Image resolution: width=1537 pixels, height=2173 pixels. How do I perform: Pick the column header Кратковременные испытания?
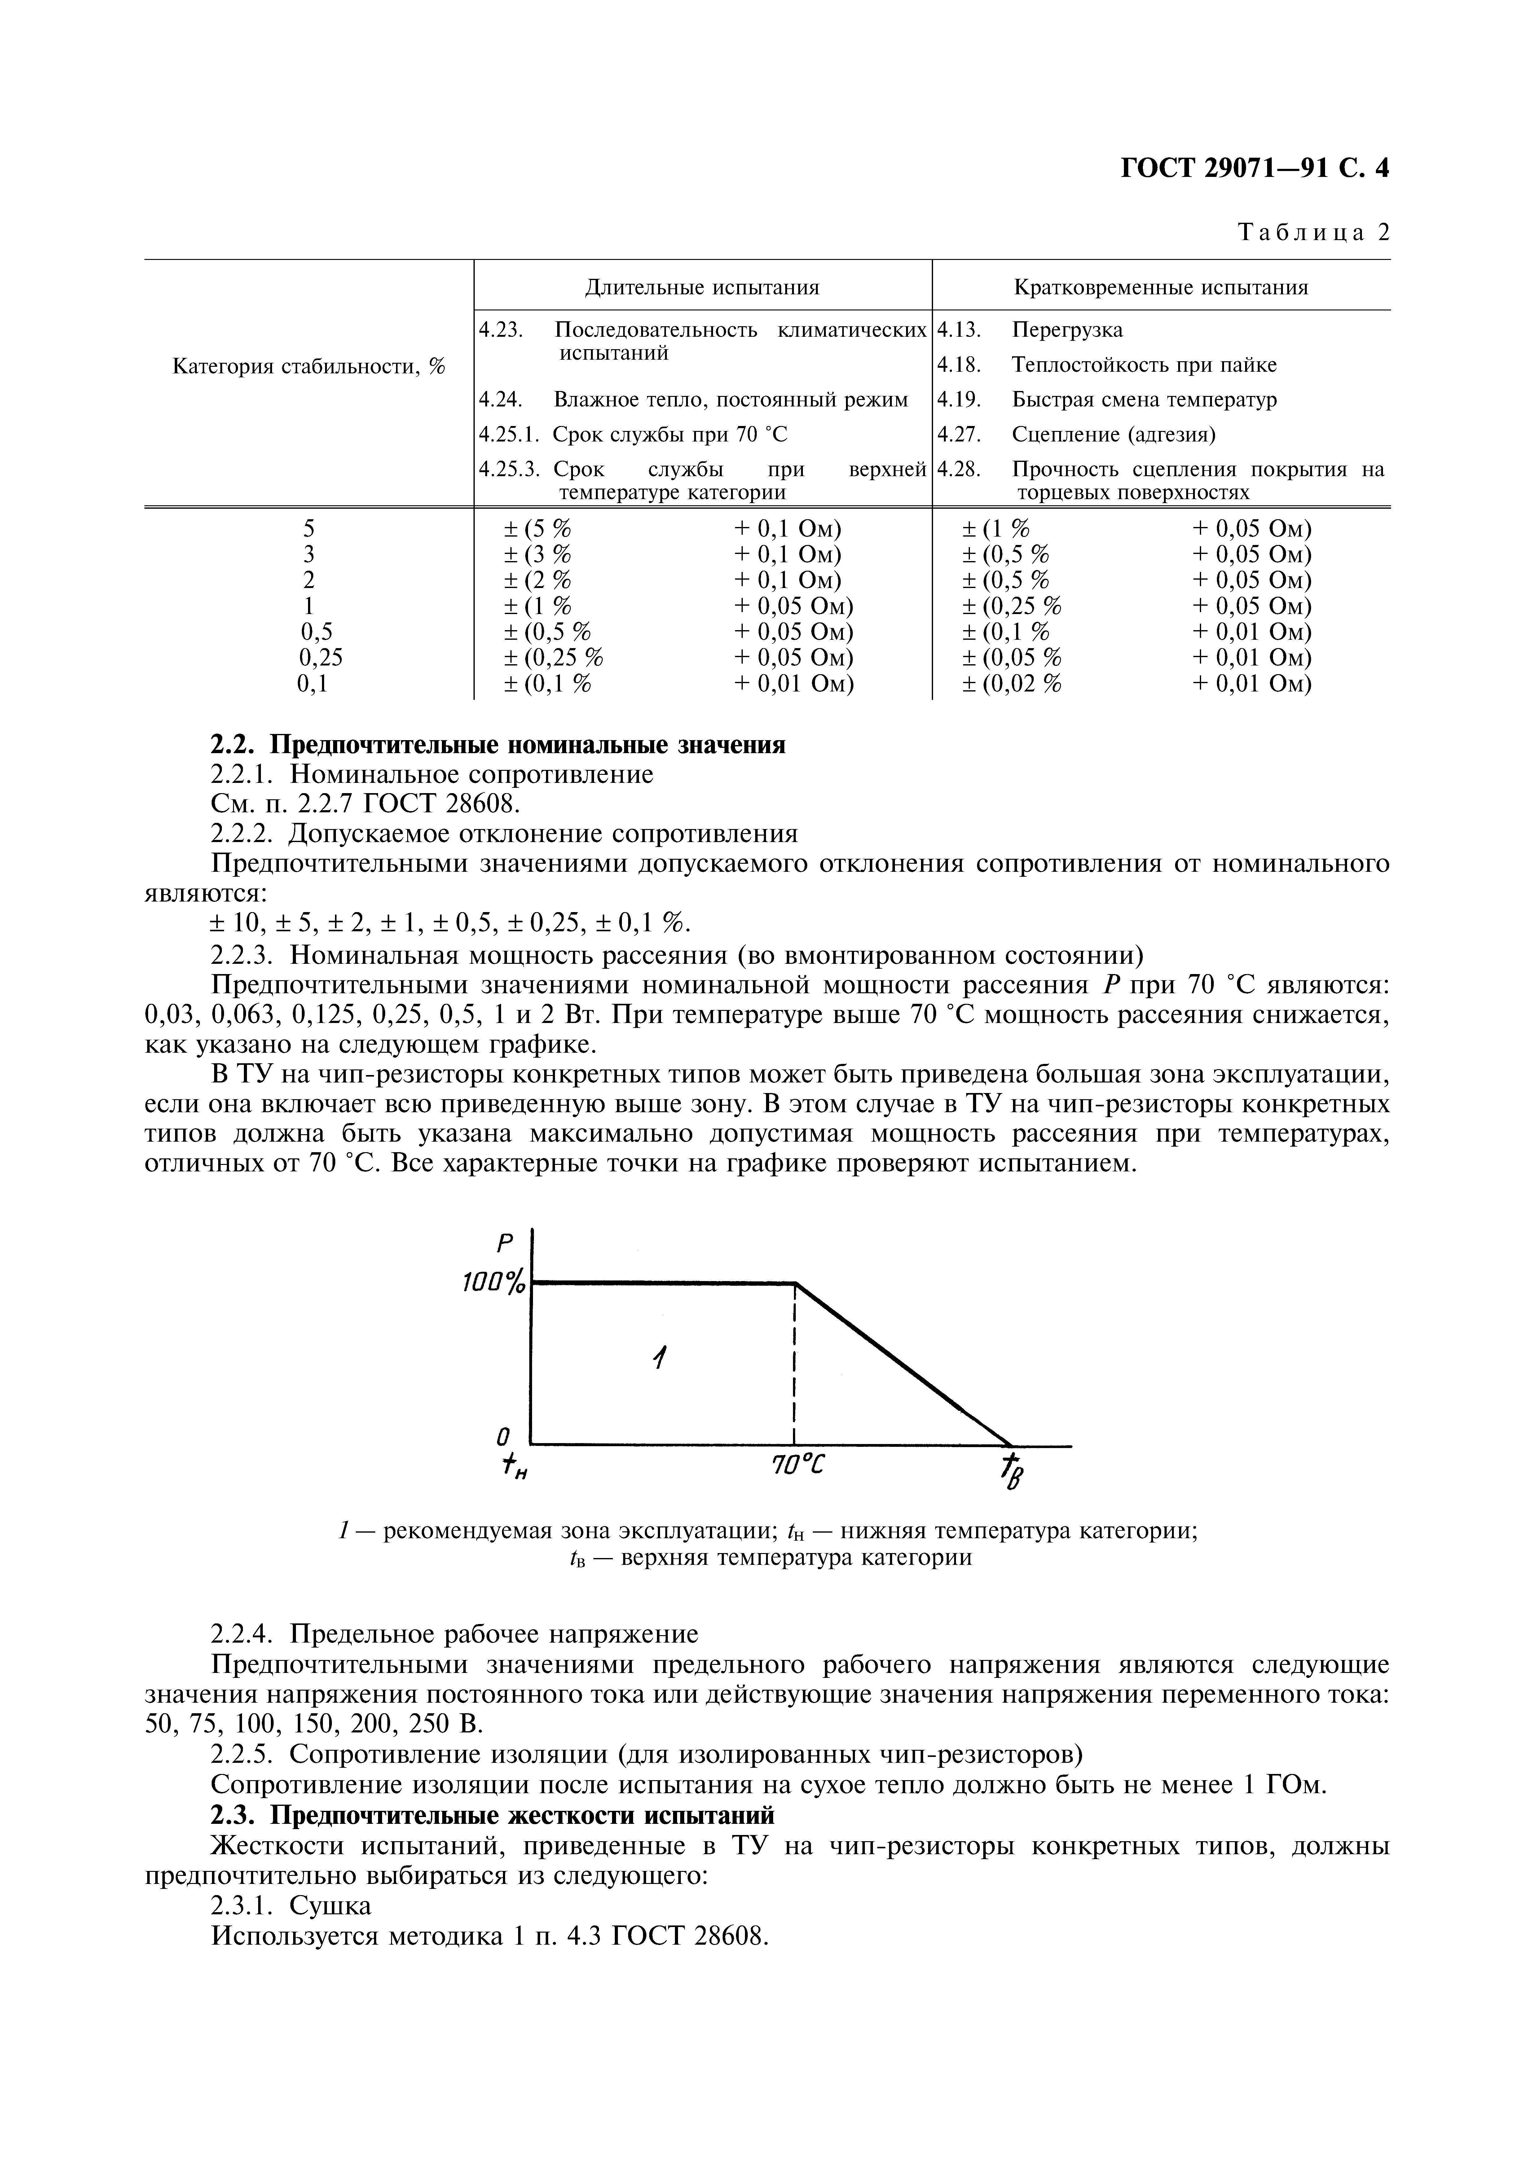[x=1160, y=287]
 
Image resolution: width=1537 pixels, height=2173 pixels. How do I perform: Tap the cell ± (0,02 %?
[x=1012, y=683]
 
